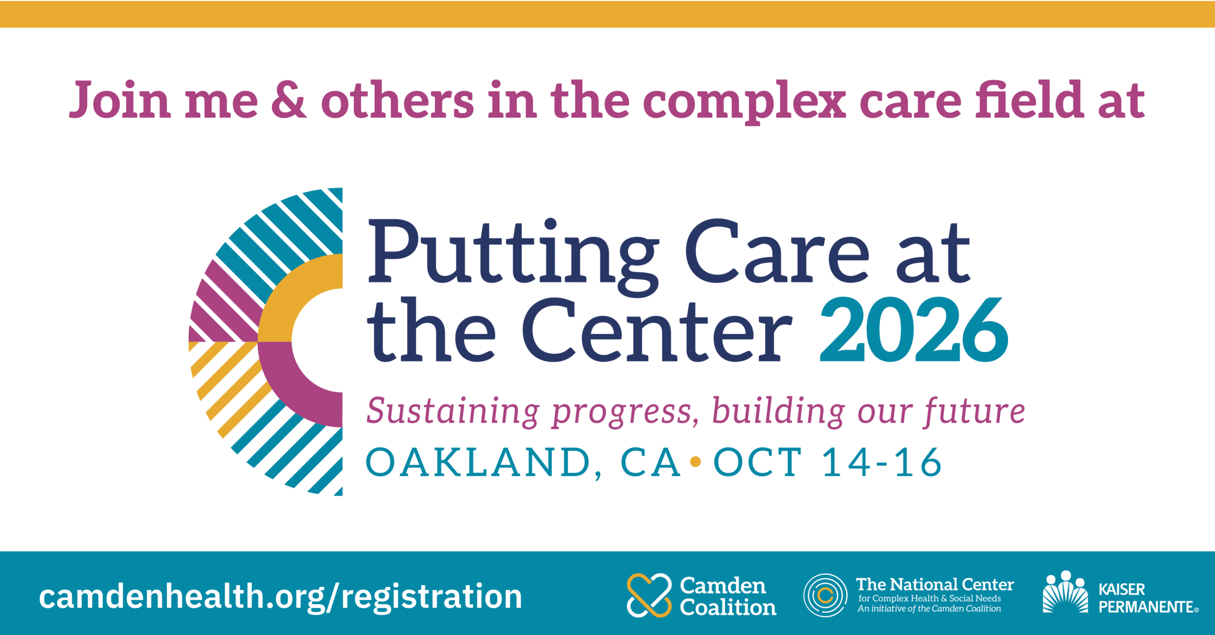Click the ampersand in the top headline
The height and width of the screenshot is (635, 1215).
[289, 100]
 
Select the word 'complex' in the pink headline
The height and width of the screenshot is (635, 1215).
[744, 103]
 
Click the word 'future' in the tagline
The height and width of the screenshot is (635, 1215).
[974, 411]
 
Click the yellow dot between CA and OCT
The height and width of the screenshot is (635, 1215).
[696, 461]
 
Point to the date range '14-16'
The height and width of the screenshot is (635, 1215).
[881, 462]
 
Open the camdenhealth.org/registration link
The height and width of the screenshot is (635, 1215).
[280, 597]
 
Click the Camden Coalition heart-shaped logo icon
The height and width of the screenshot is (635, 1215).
[649, 595]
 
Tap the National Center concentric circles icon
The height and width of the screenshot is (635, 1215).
[825, 595]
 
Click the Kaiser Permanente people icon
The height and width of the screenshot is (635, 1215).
[1065, 592]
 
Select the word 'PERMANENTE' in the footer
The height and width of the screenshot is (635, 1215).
[1146, 607]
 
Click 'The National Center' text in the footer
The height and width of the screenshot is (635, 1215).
[935, 584]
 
